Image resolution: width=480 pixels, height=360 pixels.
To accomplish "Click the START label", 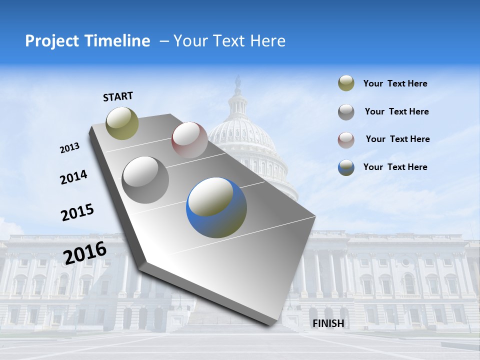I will (118, 96).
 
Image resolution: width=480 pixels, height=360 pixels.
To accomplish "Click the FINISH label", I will (328, 323).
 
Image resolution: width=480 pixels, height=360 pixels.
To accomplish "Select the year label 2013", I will (69, 148).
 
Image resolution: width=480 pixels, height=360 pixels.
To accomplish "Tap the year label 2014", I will (73, 177).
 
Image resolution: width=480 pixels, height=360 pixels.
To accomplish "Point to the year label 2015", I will (77, 212).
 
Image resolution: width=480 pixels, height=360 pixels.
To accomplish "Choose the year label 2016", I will (85, 252).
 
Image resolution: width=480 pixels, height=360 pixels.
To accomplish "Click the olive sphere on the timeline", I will (122, 123).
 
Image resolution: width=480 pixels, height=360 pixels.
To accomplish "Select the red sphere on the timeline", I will (189, 140).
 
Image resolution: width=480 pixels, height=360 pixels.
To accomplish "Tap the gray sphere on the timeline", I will (145, 180).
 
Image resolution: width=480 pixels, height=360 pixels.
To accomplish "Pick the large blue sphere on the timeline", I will (216, 207).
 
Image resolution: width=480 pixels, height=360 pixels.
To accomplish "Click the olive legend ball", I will (346, 83).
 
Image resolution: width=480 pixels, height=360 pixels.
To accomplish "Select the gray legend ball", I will (346, 111).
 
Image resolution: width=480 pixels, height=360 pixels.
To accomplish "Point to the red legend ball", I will (346, 139).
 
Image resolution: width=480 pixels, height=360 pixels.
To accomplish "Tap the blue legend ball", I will (346, 167).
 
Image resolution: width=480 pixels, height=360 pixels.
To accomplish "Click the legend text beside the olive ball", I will (395, 84).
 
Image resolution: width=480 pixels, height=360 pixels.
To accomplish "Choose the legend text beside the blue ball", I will (395, 167).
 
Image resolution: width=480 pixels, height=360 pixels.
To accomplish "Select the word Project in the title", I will (51, 41).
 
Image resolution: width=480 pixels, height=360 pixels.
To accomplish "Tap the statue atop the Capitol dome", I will (238, 81).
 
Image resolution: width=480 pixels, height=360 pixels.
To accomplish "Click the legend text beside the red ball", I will (397, 139).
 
